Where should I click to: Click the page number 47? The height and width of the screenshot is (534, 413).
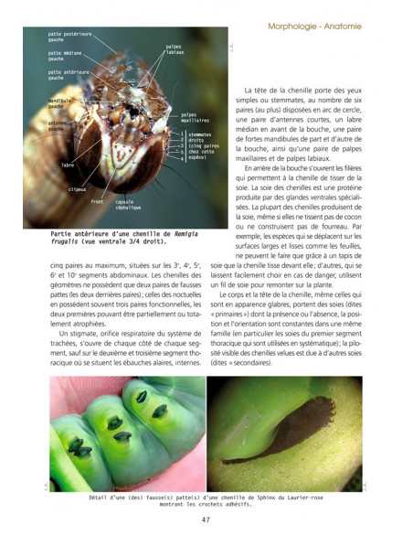[207, 520]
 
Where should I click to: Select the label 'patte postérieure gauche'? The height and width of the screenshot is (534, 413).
[69, 38]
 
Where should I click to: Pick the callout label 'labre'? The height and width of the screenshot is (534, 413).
[67, 165]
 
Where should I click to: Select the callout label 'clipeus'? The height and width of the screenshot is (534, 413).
[78, 189]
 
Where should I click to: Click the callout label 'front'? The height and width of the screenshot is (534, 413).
[98, 200]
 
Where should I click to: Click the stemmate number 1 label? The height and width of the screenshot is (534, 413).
[183, 133]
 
